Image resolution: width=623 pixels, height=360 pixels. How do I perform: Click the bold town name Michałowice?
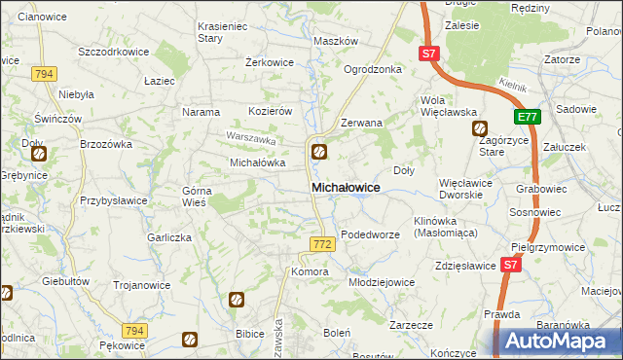pos(345,186)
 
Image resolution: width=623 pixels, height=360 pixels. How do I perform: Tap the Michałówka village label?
pos(256,162)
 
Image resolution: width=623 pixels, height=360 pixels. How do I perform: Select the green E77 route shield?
pos(527,118)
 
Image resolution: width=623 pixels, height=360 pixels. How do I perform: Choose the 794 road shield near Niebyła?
pos(42,74)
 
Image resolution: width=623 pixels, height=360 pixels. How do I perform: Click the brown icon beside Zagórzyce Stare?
pos(479,127)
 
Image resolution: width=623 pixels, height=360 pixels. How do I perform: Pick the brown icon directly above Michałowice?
pos(318,151)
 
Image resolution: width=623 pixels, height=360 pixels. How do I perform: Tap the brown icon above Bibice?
pos(236,300)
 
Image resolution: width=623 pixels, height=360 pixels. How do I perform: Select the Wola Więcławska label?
pos(446,106)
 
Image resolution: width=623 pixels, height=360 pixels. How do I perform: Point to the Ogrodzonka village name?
pos(373,69)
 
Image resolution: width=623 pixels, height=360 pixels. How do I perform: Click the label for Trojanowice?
pos(142,285)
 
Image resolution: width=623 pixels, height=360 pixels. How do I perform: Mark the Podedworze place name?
pos(372,234)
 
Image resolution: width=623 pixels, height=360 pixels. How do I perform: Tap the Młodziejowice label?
pos(382,281)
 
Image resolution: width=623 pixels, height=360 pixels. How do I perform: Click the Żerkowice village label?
pos(270,61)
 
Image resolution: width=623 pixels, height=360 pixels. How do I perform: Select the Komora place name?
pos(310,271)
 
